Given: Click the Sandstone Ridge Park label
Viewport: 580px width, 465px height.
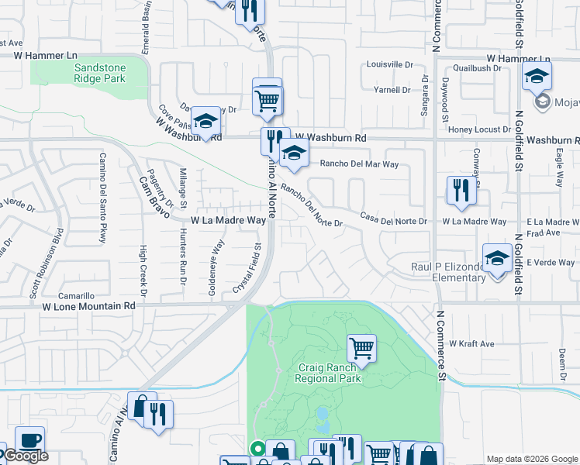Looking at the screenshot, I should (100, 73).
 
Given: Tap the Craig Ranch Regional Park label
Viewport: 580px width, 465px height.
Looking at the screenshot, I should (328, 373).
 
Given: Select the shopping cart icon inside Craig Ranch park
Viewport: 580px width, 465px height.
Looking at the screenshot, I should (361, 348).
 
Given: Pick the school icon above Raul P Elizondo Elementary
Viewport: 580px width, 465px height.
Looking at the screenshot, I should (497, 258).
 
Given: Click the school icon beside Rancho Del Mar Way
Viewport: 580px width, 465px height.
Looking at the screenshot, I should (294, 153).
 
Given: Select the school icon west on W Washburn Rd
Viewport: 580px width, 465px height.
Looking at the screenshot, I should (205, 121).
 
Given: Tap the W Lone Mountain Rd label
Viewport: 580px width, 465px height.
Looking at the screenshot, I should (88, 306).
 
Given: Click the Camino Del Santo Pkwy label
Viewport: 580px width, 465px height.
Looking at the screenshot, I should (102, 198).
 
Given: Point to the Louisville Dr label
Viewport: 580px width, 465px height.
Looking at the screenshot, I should (390, 64).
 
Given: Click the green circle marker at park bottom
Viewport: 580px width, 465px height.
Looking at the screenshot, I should (257, 446).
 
